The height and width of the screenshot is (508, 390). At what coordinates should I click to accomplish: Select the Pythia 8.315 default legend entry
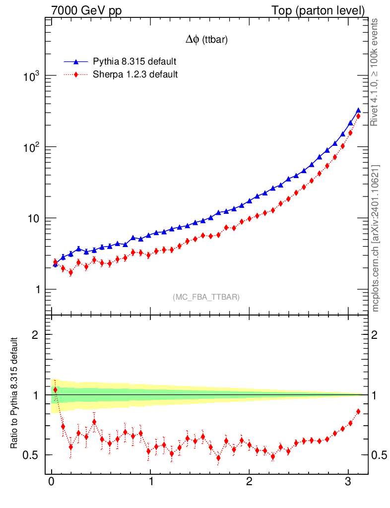(x=134, y=62)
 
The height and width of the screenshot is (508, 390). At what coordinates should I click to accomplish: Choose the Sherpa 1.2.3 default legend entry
(x=135, y=75)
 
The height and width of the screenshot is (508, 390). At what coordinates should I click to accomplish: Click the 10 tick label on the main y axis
(x=35, y=219)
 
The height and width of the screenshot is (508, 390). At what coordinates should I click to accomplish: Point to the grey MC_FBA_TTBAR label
(x=206, y=297)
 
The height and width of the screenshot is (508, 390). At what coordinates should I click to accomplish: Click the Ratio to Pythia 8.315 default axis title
(x=15, y=394)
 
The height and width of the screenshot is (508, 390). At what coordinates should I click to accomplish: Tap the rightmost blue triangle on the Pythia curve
(x=358, y=111)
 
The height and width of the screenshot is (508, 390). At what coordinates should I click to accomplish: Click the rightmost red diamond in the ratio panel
(x=358, y=411)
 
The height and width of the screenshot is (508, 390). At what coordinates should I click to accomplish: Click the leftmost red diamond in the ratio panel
(x=55, y=390)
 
